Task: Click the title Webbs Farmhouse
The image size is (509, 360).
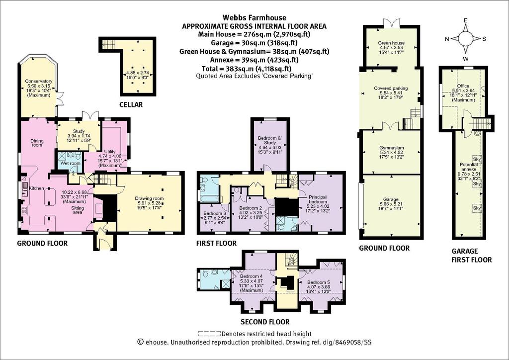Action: pyautogui.click(x=254, y=17)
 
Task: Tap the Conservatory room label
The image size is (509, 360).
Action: pyautogui.click(x=39, y=81)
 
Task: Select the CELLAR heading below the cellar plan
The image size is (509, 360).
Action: pyautogui.click(x=131, y=104)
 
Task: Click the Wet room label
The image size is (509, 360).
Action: pyautogui.click(x=70, y=163)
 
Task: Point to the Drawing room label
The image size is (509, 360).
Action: pyautogui.click(x=149, y=198)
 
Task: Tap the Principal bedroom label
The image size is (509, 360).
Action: pyautogui.click(x=318, y=199)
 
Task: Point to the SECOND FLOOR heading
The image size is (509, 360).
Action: pyautogui.click(x=265, y=322)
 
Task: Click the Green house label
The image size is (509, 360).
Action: pyautogui.click(x=391, y=43)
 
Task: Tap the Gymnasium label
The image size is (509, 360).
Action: pyautogui.click(x=391, y=148)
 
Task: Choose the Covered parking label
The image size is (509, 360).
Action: pyautogui.click(x=391, y=89)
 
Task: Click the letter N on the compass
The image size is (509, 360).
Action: pyautogui.click(x=447, y=39)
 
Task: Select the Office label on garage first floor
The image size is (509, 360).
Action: pyautogui.click(x=463, y=86)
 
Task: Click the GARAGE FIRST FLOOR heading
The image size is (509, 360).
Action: pyautogui.click(x=472, y=255)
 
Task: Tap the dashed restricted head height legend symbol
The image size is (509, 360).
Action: pyautogui.click(x=209, y=333)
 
